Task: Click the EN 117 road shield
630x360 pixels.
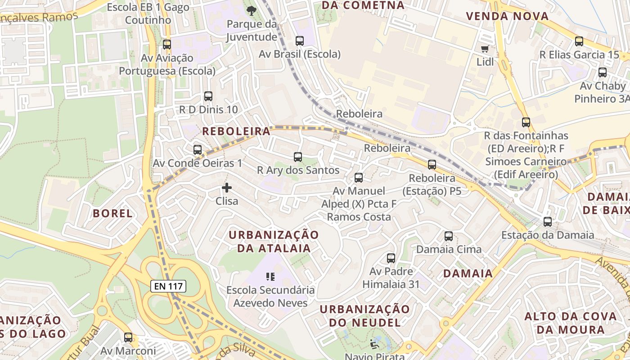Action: click(x=168, y=286)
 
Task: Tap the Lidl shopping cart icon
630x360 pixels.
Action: click(x=485, y=49)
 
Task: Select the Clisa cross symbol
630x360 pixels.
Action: click(x=227, y=188)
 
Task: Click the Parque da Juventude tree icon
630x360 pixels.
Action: click(x=251, y=10)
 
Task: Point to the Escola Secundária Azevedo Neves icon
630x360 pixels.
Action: click(x=270, y=276)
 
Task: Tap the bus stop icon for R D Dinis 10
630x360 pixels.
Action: click(x=208, y=96)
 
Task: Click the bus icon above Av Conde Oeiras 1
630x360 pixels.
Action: click(x=197, y=150)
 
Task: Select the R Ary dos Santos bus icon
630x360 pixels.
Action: click(x=297, y=157)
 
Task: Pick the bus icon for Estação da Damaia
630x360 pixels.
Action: click(x=547, y=221)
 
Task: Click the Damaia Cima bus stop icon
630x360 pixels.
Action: click(x=448, y=236)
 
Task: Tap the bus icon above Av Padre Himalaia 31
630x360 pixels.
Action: click(x=391, y=258)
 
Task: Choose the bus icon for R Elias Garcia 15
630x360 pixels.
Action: click(x=579, y=41)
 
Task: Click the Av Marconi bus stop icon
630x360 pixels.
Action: click(x=128, y=337)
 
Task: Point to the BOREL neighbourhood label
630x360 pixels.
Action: click(x=112, y=213)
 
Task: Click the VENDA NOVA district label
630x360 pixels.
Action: click(x=507, y=16)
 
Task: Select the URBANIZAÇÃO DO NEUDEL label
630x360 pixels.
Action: click(x=365, y=315)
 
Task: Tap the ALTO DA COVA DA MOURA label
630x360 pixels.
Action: click(x=571, y=322)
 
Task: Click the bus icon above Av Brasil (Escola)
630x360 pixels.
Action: click(x=299, y=41)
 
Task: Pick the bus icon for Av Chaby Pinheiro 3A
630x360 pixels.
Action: click(x=602, y=72)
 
